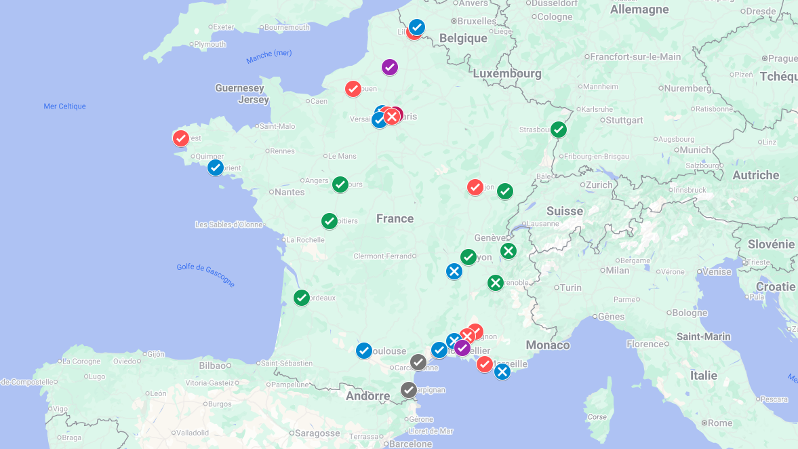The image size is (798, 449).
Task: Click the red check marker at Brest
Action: coord(180,138)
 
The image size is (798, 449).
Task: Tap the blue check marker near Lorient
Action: coord(216,168)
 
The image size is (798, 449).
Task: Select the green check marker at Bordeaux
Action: coord(302,298)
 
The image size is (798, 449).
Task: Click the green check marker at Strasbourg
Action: coord(559,130)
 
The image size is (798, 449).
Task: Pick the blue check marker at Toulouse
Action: coord(364,351)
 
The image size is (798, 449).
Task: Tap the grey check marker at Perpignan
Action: coord(408,390)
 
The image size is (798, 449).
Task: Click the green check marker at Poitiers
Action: coord(330,221)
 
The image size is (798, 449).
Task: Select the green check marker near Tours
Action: coord(340,184)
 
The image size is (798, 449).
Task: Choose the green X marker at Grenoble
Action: coord(496,283)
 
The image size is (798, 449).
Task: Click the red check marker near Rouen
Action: coord(353,89)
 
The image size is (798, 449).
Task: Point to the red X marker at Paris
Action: coord(392,117)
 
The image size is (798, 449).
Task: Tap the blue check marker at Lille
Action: coord(417,27)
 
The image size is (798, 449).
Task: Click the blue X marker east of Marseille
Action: coord(502,372)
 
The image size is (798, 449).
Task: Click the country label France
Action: coord(395,218)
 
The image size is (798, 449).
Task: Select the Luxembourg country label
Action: coord(507,73)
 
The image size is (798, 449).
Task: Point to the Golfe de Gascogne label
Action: coord(205,275)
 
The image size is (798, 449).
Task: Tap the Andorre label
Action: coord(368,396)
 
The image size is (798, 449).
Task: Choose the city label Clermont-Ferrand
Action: coord(383,256)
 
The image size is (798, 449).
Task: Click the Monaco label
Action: coord(548,345)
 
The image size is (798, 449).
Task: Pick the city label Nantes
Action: coord(290,193)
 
